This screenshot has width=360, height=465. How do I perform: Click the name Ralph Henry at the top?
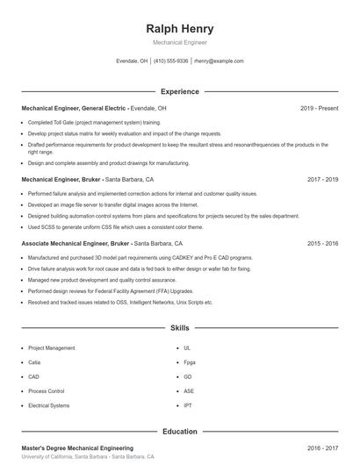point(179,29)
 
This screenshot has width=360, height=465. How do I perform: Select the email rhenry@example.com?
point(219,61)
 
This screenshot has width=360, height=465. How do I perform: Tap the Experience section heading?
point(179,91)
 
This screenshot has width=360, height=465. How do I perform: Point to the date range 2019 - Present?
point(319,108)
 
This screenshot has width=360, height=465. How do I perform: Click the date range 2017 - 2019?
point(322,179)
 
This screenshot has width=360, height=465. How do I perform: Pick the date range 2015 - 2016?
point(322,243)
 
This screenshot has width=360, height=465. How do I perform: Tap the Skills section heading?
point(179,328)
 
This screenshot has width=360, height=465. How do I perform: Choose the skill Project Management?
point(52,347)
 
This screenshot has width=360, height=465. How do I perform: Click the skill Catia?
point(34,361)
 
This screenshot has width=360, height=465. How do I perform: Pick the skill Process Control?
point(46,390)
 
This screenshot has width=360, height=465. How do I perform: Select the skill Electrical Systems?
point(48,405)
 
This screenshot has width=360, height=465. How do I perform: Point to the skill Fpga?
point(189,361)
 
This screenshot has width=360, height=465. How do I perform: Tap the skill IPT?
point(187,405)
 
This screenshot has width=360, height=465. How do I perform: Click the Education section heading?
point(179,432)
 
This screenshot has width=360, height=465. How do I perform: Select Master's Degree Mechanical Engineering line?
point(77,447)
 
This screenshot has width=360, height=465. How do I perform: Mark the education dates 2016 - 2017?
point(322,447)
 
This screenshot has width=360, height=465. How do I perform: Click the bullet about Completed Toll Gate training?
point(93,122)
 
